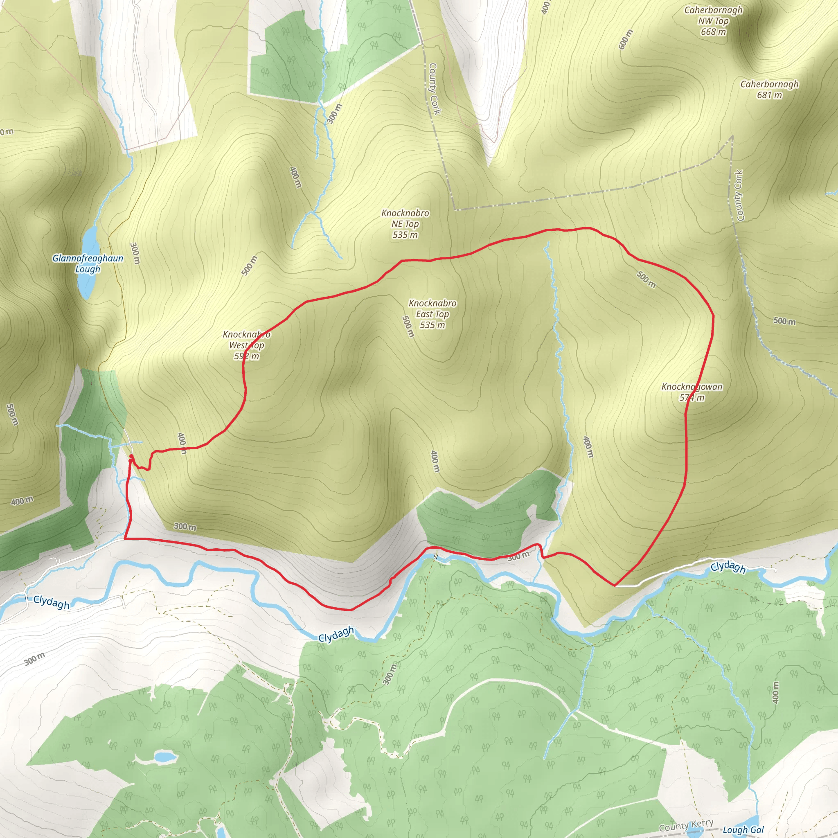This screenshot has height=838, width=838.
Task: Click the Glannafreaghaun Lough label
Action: (88, 263)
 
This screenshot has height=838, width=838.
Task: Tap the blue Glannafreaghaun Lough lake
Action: (88, 262)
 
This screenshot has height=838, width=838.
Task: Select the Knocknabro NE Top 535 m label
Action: (405, 224)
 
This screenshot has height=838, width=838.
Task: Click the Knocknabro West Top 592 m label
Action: (246, 345)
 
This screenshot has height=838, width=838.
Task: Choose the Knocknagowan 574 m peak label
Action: (692, 392)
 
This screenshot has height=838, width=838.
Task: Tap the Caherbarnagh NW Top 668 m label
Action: (713, 21)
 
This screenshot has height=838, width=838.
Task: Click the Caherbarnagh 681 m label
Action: (769, 89)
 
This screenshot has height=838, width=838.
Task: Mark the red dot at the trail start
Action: (131, 457)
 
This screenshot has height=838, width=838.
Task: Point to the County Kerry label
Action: (686, 825)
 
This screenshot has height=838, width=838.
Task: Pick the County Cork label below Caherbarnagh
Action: (739, 195)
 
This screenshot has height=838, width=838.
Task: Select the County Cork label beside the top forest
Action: (434, 89)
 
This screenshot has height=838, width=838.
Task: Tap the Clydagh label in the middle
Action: (336, 635)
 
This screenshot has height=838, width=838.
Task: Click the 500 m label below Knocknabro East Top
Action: (408, 326)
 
